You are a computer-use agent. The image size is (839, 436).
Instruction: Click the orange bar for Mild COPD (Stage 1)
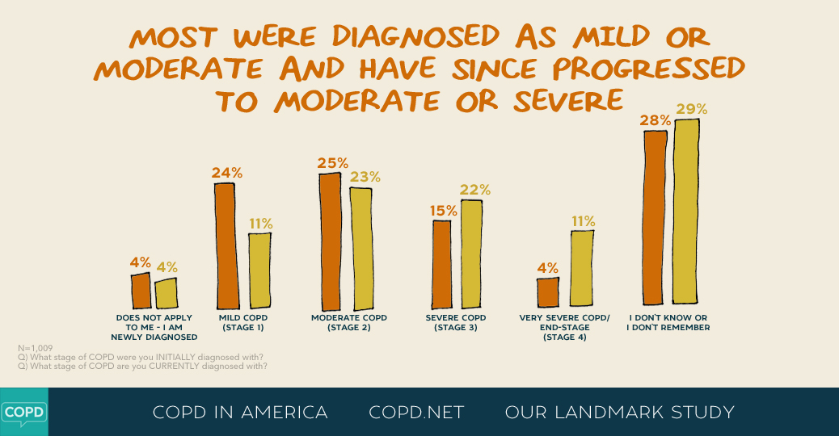click(225, 245)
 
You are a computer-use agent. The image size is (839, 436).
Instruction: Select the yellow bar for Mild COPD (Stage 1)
click(259, 270)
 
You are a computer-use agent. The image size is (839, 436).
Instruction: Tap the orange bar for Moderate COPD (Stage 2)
click(330, 241)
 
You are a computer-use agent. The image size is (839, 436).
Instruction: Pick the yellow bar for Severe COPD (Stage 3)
click(471, 254)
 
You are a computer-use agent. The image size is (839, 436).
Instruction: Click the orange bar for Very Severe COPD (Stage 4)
click(547, 291)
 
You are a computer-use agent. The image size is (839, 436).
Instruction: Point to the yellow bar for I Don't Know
click(686, 213)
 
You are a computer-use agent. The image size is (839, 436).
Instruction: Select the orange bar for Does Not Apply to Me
click(141, 290)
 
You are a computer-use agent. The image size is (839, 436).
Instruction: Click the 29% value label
click(692, 109)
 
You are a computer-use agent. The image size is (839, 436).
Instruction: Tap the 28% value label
click(656, 120)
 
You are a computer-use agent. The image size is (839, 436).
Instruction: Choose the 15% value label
click(442, 210)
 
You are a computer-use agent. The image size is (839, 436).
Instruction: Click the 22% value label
click(474, 190)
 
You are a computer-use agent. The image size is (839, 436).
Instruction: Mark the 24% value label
click(227, 172)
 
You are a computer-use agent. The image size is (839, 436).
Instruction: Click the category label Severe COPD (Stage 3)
click(450, 322)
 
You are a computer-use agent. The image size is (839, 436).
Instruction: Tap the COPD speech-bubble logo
click(23, 412)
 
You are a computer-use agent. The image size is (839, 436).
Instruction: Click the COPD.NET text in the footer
click(416, 413)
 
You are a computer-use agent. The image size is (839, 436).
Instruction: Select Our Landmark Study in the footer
click(619, 413)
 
